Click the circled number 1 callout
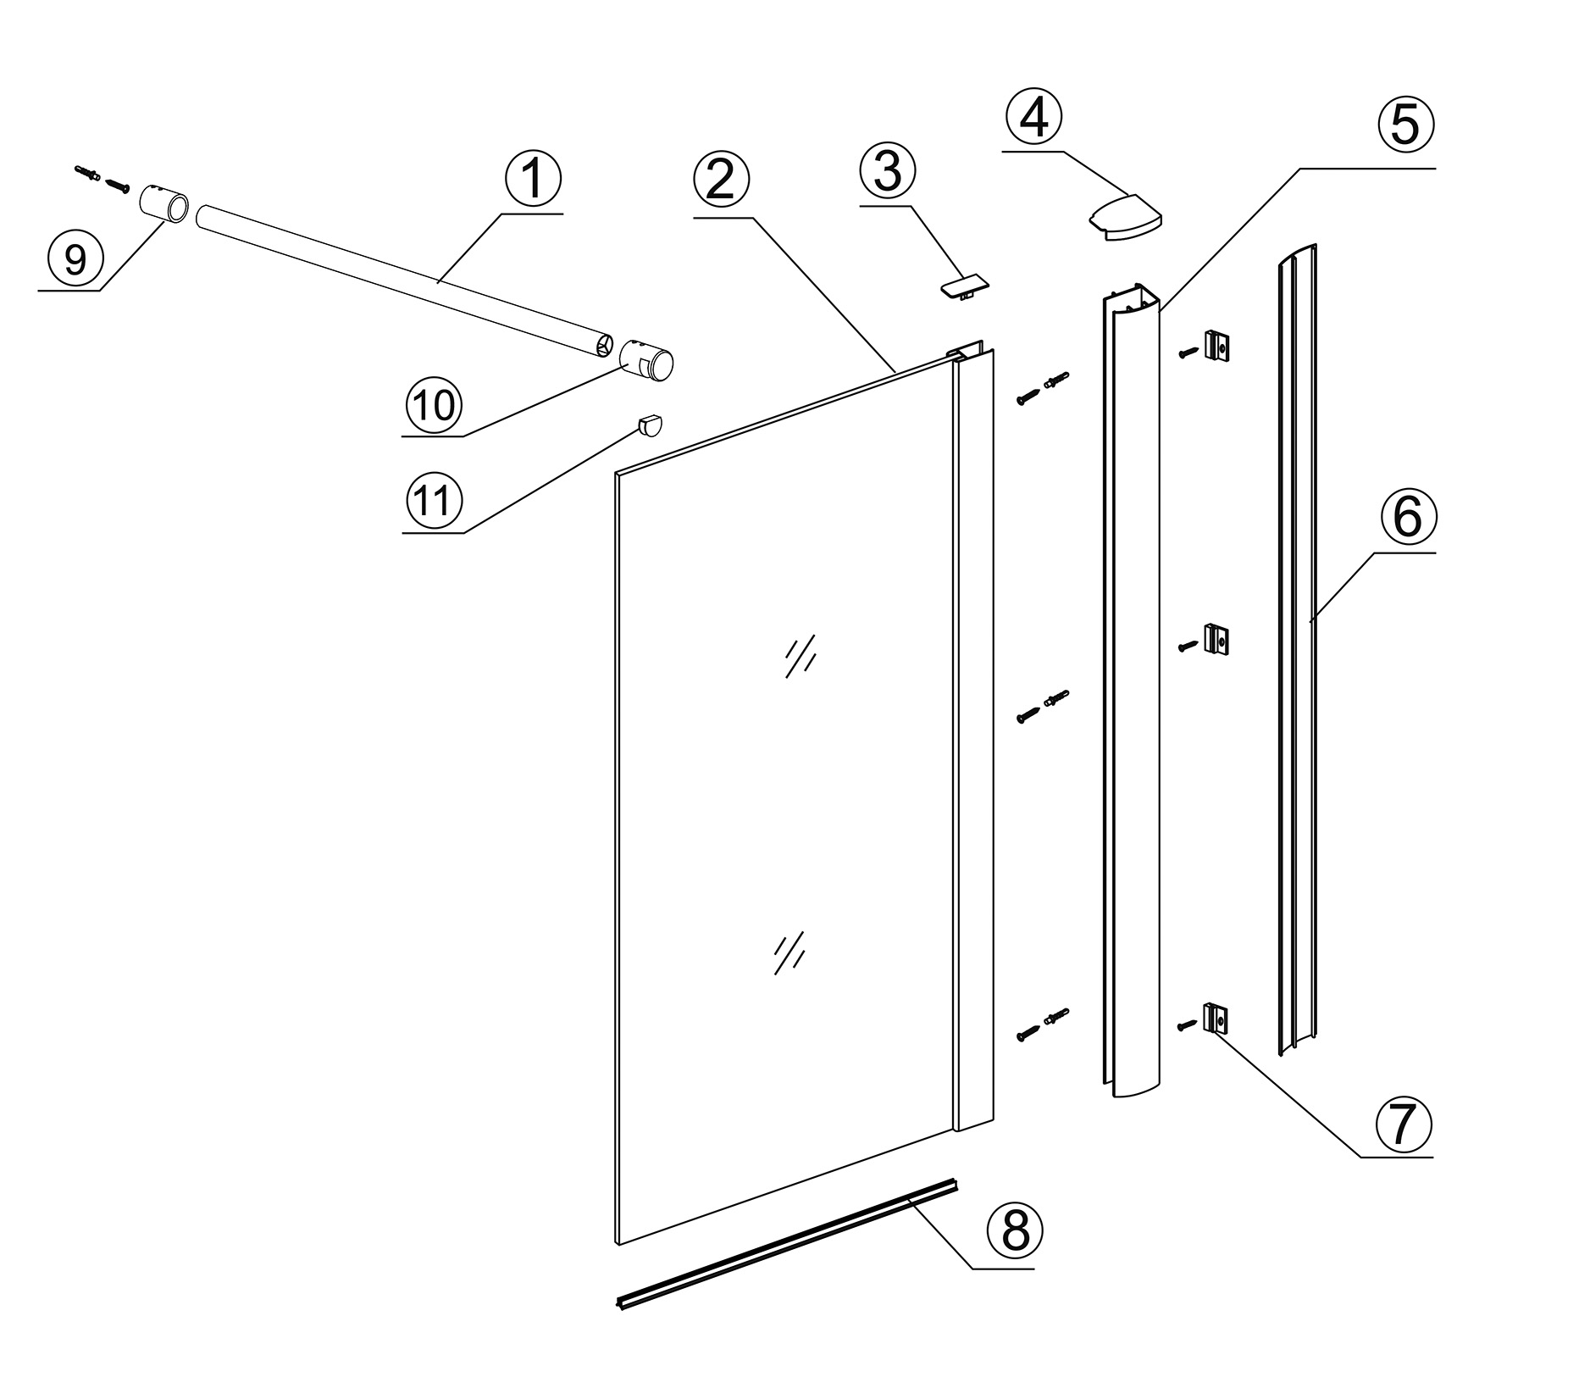tap(533, 180)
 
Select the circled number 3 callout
tap(887, 171)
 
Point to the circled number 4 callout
tap(1033, 118)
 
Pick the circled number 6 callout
tap(1407, 517)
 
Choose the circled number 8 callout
tap(1016, 1230)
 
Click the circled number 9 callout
tap(75, 258)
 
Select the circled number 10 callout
tap(434, 404)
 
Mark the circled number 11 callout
tap(434, 501)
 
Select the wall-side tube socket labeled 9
tap(164, 206)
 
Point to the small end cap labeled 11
tap(650, 424)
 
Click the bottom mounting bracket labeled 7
tap(1216, 1018)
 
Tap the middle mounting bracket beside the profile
tap(1216, 640)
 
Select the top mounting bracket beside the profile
tap(1216, 345)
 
